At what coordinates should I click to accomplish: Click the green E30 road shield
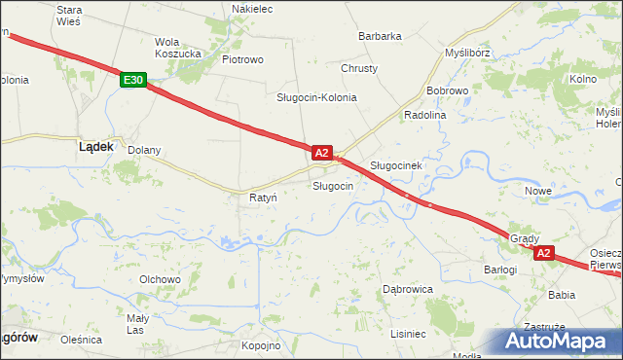pyautogui.click(x=134, y=81)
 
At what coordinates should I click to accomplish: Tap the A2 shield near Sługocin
pyautogui.click(x=322, y=153)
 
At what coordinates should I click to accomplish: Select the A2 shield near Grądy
pyautogui.click(x=543, y=253)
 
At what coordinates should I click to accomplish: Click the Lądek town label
pyautogui.click(x=95, y=146)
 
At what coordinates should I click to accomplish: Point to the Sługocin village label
pyautogui.click(x=332, y=186)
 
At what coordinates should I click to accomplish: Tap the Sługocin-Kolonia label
pyautogui.click(x=316, y=98)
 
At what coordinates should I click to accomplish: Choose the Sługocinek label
pyautogui.click(x=395, y=165)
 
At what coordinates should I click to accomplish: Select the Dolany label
pyautogui.click(x=145, y=151)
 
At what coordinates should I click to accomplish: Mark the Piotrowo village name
pyautogui.click(x=242, y=59)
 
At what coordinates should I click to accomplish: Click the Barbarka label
pyautogui.click(x=380, y=36)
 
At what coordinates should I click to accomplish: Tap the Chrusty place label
pyautogui.click(x=359, y=69)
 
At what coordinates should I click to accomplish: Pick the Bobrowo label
pyautogui.click(x=448, y=90)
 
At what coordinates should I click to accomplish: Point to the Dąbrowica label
pyautogui.click(x=407, y=289)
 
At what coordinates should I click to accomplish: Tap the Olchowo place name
pyautogui.click(x=161, y=279)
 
